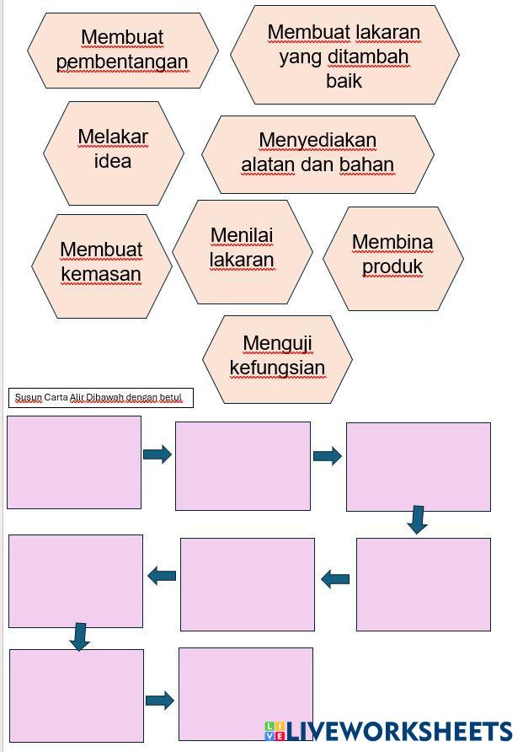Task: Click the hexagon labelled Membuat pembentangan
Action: [x=122, y=50]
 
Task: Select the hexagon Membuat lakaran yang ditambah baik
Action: [x=344, y=56]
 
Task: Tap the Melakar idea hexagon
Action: [x=113, y=149]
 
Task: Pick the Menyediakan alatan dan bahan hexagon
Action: [x=318, y=153]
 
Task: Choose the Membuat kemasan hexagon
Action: [x=101, y=262]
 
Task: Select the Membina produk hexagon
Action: [x=392, y=255]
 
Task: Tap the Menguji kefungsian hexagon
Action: [x=277, y=356]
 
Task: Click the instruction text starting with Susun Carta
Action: [x=99, y=397]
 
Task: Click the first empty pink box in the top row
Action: [x=74, y=462]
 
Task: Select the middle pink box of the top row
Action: [x=243, y=466]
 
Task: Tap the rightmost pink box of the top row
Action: [x=418, y=467]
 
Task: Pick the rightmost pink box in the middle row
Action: [x=423, y=584]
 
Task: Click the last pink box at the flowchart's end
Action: [x=245, y=693]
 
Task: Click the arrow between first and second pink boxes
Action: [x=157, y=454]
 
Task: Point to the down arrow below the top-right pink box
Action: [x=417, y=519]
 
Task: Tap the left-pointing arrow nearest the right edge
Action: [x=335, y=579]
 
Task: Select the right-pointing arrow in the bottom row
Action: [x=160, y=700]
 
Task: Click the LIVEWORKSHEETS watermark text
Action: [x=398, y=731]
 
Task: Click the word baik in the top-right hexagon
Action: [x=344, y=81]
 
